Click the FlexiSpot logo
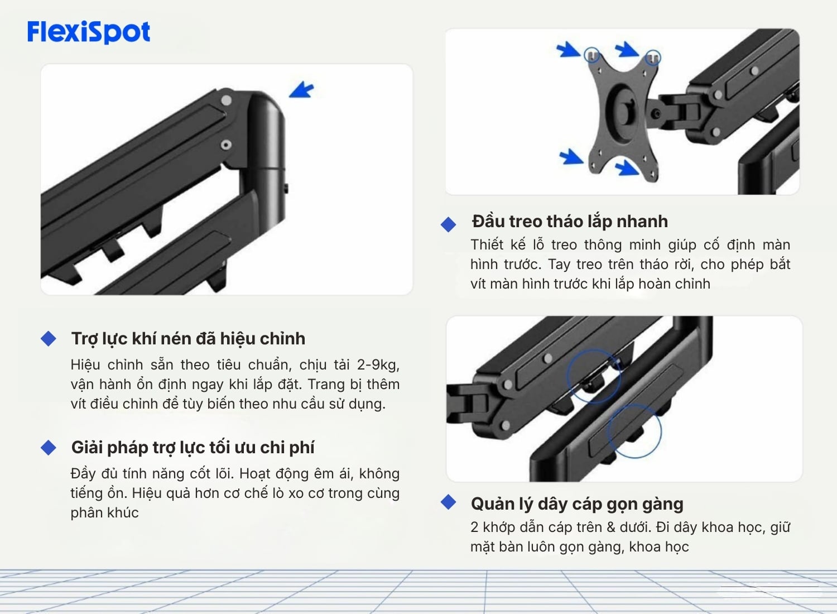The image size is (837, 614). click(x=89, y=32)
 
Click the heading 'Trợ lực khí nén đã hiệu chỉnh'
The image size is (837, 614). click(x=188, y=338)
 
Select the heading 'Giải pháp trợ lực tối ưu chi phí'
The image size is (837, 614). click(x=193, y=447)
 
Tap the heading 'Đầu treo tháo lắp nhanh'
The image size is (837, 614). click(x=569, y=221)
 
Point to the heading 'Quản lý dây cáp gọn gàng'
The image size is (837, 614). click(x=577, y=503)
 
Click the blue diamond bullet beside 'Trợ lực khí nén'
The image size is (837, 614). click(x=49, y=338)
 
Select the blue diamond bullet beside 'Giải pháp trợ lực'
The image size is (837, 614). click(x=49, y=447)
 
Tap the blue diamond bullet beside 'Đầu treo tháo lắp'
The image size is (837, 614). click(x=449, y=224)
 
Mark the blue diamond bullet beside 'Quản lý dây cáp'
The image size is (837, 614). click(x=449, y=502)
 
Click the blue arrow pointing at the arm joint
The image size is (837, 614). click(x=302, y=90)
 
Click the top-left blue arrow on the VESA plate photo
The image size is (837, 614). click(x=569, y=50)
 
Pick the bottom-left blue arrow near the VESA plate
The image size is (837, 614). click(x=571, y=156)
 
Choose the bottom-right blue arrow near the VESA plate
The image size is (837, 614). click(x=628, y=166)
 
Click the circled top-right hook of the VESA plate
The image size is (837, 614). click(x=653, y=57)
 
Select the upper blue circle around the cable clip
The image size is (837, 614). click(x=594, y=376)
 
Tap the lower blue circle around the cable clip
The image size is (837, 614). click(x=634, y=431)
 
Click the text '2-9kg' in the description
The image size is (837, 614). click(x=377, y=364)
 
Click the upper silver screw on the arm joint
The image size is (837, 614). click(x=226, y=100)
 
